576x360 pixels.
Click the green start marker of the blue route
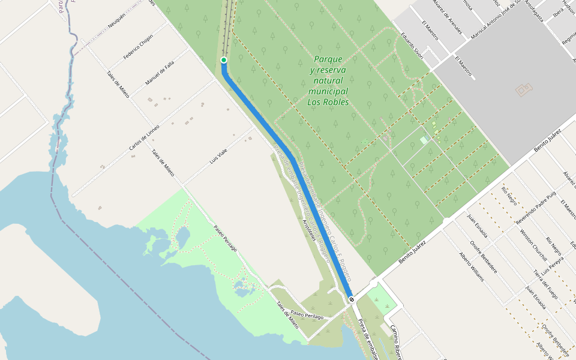pos(224,60)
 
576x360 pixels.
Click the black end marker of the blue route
pos(351,299)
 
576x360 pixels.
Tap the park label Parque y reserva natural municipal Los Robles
pos(328,81)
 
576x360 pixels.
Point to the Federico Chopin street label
pos(138,47)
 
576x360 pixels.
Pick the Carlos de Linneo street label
pos(145,138)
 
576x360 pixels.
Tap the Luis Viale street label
pos(218,158)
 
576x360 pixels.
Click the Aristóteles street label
pos(309,230)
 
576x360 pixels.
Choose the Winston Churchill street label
pos(534,246)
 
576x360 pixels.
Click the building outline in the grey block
pos(523,90)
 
